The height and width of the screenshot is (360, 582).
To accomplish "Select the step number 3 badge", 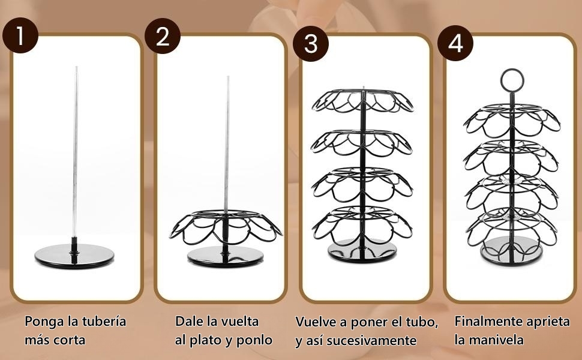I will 310,43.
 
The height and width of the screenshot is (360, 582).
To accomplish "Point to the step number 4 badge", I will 456,43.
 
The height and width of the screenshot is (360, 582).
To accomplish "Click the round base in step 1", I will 74,256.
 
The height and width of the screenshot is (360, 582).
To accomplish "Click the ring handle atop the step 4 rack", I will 512,79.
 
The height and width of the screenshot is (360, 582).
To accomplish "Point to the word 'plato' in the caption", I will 206,340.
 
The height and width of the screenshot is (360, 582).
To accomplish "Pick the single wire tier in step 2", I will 226,226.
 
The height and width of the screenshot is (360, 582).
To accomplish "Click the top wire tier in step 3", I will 362,101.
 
